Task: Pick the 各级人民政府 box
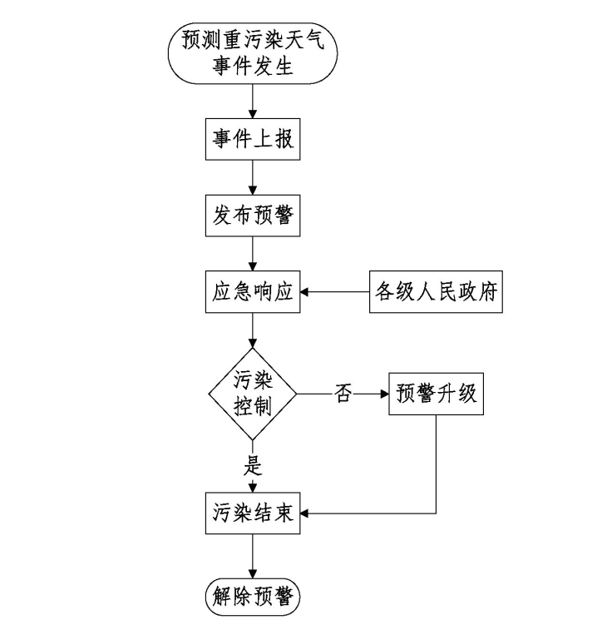click(x=436, y=292)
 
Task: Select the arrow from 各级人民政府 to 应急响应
click(x=333, y=292)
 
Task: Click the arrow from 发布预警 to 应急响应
click(x=251, y=254)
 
